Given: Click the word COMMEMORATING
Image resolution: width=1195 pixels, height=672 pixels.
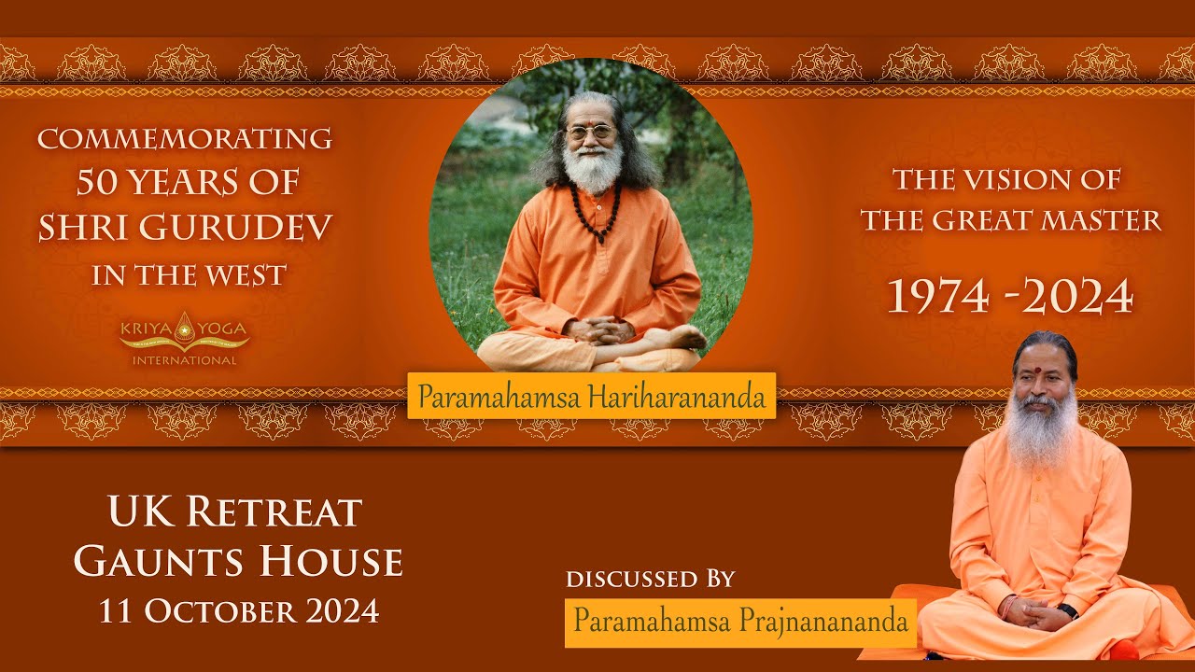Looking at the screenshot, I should (x=185, y=139).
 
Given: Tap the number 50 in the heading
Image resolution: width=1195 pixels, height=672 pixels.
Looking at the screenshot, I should (x=98, y=183).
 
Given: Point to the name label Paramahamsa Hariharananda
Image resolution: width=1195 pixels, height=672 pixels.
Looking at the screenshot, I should (x=591, y=396).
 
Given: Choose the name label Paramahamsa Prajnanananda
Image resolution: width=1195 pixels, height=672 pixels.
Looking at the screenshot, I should (x=740, y=622).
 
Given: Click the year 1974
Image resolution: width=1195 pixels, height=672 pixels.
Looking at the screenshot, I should (x=937, y=298).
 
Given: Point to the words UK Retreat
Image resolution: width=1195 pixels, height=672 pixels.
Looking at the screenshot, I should (x=234, y=511).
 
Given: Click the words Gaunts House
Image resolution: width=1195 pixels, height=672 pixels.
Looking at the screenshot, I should (x=238, y=562).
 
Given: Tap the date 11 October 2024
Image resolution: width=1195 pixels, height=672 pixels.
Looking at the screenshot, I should (x=239, y=610).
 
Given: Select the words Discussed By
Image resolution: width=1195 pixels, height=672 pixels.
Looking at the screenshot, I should (x=651, y=579).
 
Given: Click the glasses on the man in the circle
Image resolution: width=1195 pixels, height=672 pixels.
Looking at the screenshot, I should (x=591, y=133).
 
